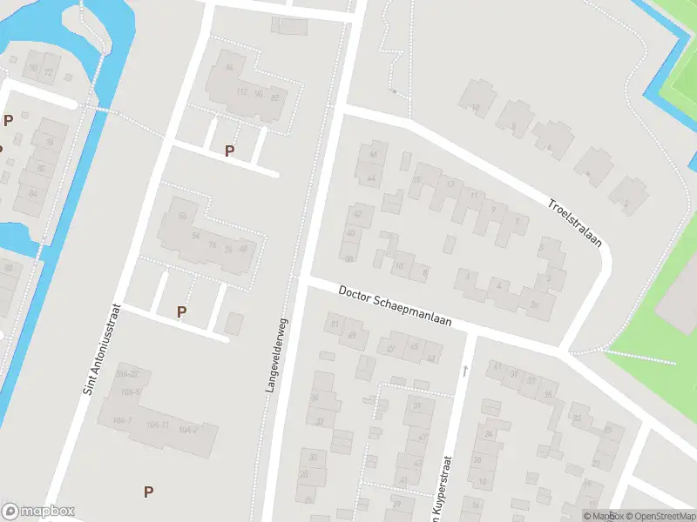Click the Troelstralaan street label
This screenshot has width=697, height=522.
click(x=576, y=224)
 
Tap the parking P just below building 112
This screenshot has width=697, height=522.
click(x=229, y=151)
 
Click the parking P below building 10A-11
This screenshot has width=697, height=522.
click(x=149, y=492)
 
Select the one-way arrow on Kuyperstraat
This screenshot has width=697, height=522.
click(x=465, y=371)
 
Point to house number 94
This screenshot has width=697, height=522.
click(x=230, y=67)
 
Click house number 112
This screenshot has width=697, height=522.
click(x=242, y=92)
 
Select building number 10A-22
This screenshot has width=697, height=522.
click(x=127, y=374)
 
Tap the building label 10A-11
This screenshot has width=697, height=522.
click(x=158, y=425)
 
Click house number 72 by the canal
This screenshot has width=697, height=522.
click(x=48, y=70)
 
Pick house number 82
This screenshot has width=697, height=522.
click(x=275, y=97)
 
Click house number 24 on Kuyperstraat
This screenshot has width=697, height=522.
click(x=489, y=433)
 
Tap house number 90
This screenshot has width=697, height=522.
click(x=259, y=93)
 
